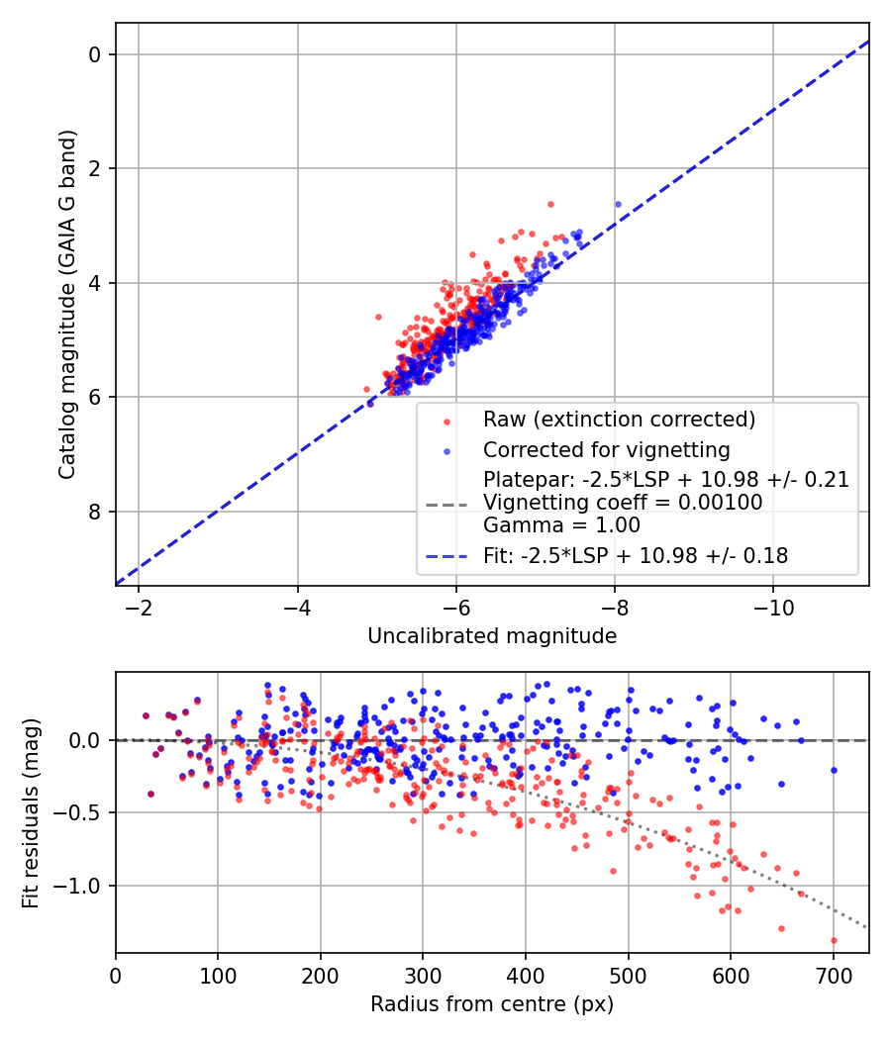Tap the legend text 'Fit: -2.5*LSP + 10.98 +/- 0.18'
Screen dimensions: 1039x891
pos(636,556)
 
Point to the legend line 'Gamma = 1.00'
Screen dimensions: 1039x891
pos(561,525)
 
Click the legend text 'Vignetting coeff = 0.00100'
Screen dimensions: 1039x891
pos(623,503)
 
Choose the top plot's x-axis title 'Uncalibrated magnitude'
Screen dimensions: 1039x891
pos(492,636)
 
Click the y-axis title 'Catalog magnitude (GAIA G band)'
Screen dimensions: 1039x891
pos(66,305)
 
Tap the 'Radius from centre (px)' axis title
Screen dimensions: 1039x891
pos(492,1004)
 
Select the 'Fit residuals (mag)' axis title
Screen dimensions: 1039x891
pos(30,813)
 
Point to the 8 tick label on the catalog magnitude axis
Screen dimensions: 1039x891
pos(96,512)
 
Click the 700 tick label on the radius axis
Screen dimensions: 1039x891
pos(834,976)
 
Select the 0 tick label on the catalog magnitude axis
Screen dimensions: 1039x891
pos(96,54)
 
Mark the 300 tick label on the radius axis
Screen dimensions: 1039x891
pos(423,976)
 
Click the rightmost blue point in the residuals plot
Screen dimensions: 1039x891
pos(834,770)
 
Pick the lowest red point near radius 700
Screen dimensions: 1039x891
pos(834,940)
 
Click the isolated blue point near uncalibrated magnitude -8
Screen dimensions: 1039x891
pos(618,204)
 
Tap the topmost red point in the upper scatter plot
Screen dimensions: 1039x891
pos(550,204)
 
